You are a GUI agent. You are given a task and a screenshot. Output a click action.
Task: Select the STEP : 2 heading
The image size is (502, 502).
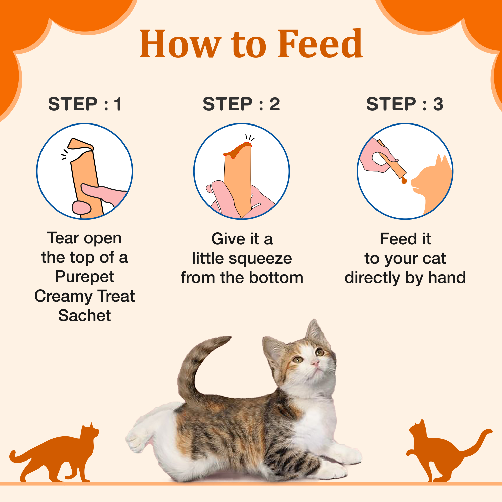click(241, 104)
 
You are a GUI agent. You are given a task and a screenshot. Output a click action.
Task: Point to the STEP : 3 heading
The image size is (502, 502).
click(405, 104)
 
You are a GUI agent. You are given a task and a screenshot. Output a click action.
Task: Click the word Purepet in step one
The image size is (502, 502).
click(84, 277)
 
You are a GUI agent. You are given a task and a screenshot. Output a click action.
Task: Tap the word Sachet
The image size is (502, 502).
click(84, 316)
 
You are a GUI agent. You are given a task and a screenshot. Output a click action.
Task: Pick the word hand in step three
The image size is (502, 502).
click(447, 278)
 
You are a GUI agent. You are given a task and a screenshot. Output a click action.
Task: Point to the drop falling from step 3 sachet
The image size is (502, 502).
click(404, 181)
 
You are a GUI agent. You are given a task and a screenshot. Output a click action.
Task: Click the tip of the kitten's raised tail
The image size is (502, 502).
click(226, 340)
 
